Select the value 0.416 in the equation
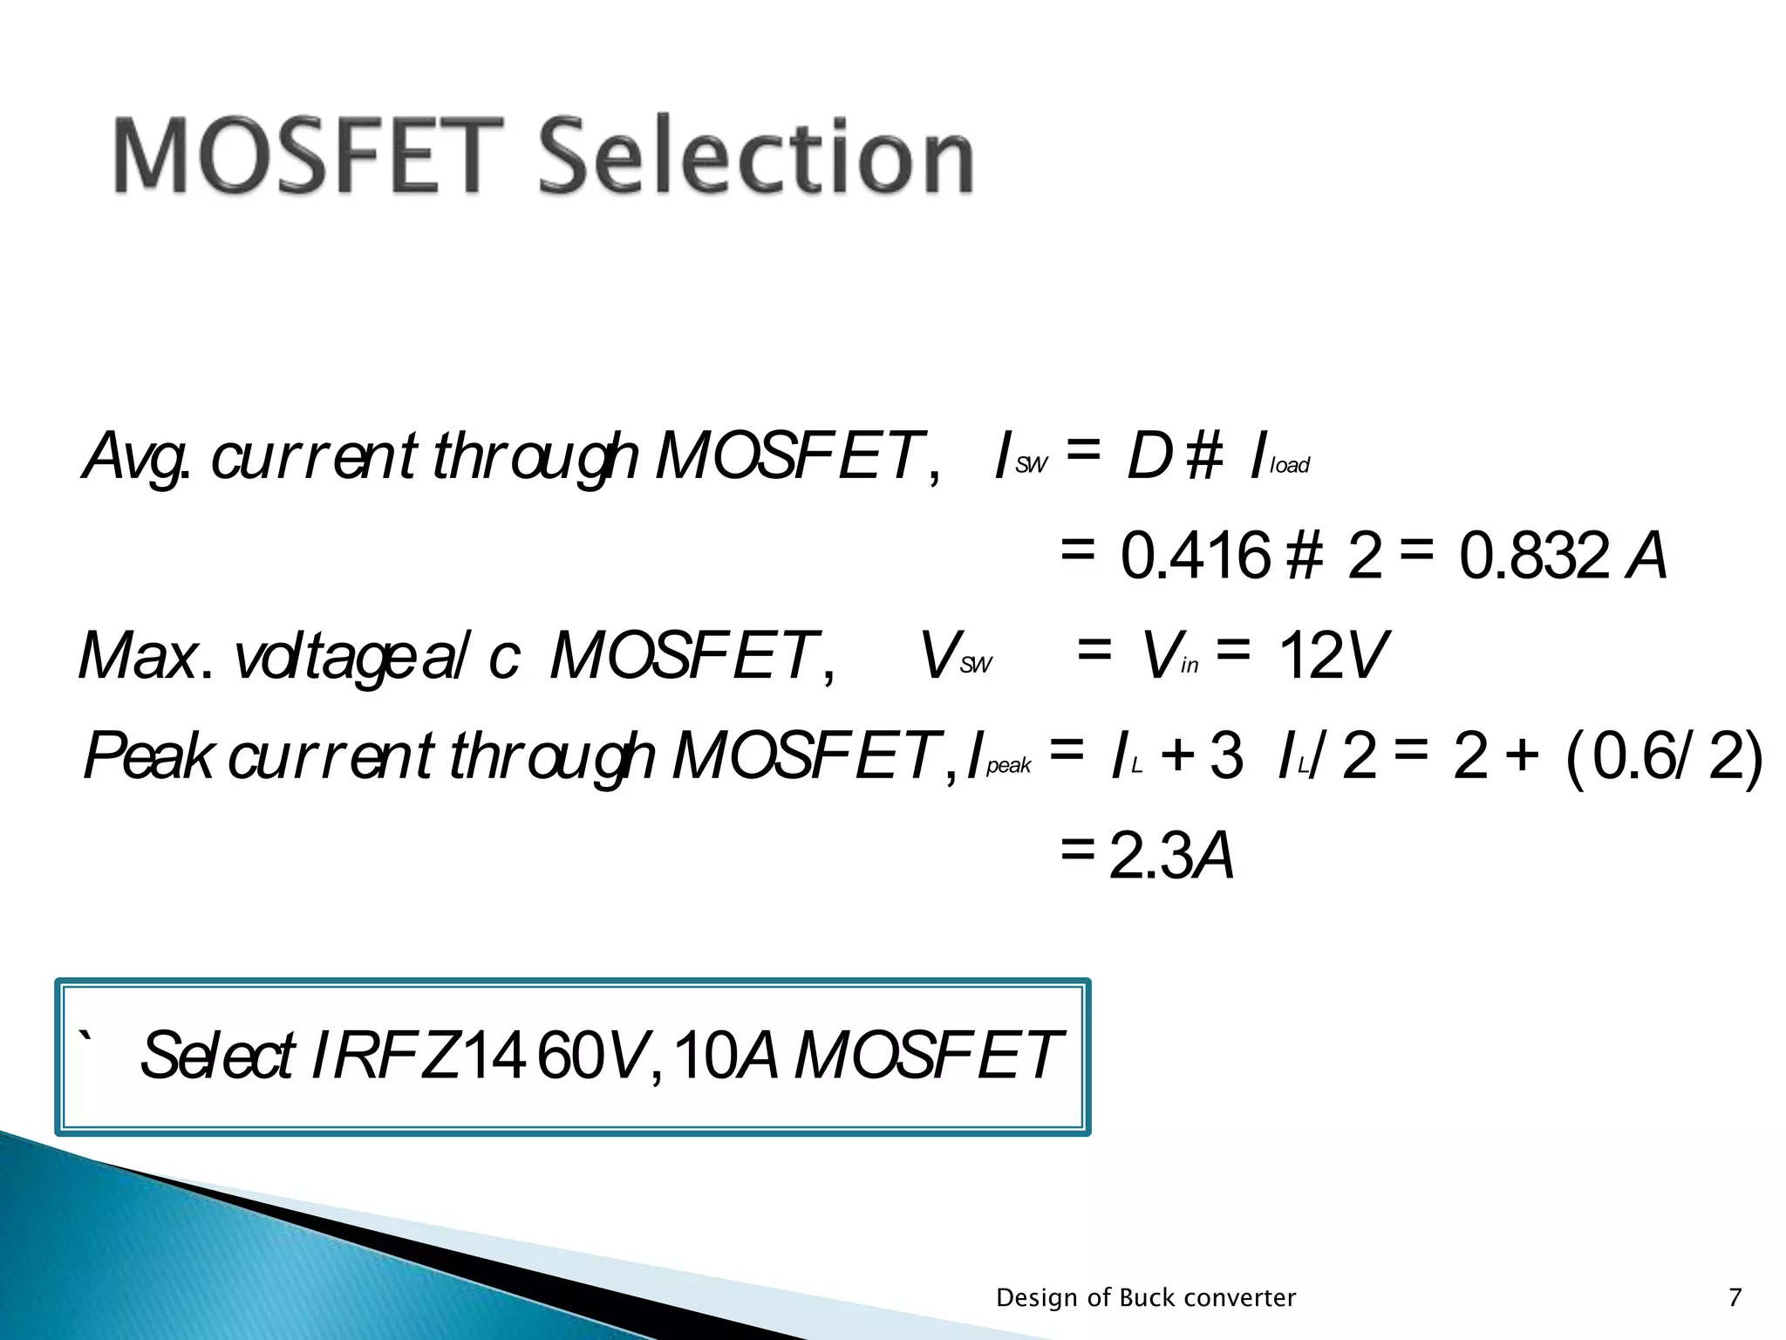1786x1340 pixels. pos(1195,557)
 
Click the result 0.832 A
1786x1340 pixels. pos(1562,557)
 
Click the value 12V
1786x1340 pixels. pos(1332,656)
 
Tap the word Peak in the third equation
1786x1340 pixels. pos(148,756)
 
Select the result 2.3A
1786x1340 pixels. pos(1171,858)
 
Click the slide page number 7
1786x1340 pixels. pos(1735,1298)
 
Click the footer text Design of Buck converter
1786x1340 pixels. pos(1146,1298)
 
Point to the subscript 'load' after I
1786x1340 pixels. pos(1289,467)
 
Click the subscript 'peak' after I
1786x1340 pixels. pos(1008,767)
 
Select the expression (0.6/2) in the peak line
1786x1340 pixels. pos(1664,756)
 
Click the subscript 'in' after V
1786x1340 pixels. pos(1190,667)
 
